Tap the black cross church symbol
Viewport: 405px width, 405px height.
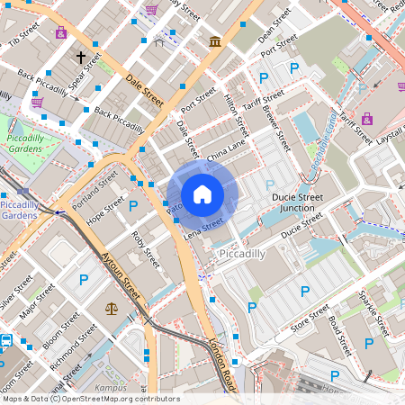80,58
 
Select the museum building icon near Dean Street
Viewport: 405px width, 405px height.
215,41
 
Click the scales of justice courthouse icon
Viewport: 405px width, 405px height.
112,308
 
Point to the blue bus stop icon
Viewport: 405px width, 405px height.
6,341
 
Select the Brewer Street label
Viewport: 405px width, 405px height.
276,127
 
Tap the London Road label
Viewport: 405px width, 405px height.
221,364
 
